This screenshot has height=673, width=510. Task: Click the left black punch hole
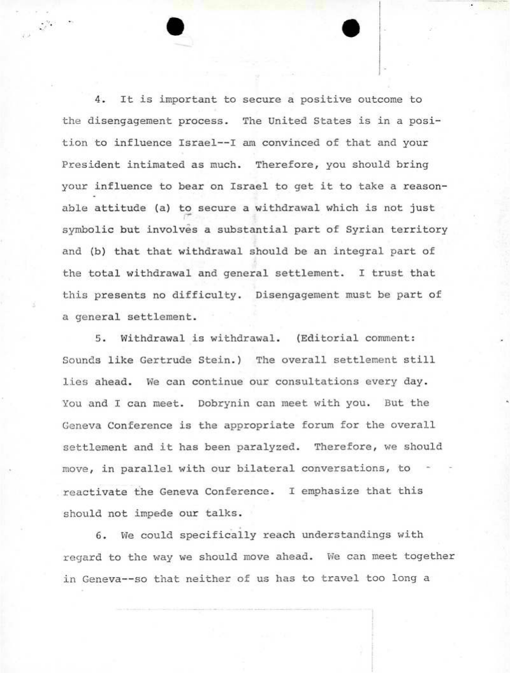pos(174,27)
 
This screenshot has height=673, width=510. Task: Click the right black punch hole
pos(351,28)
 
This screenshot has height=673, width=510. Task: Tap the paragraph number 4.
pos(99,100)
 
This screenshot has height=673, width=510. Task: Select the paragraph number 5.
pos(99,338)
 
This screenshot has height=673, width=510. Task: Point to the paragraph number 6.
pos(99,535)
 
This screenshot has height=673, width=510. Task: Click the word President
pos(89,165)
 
